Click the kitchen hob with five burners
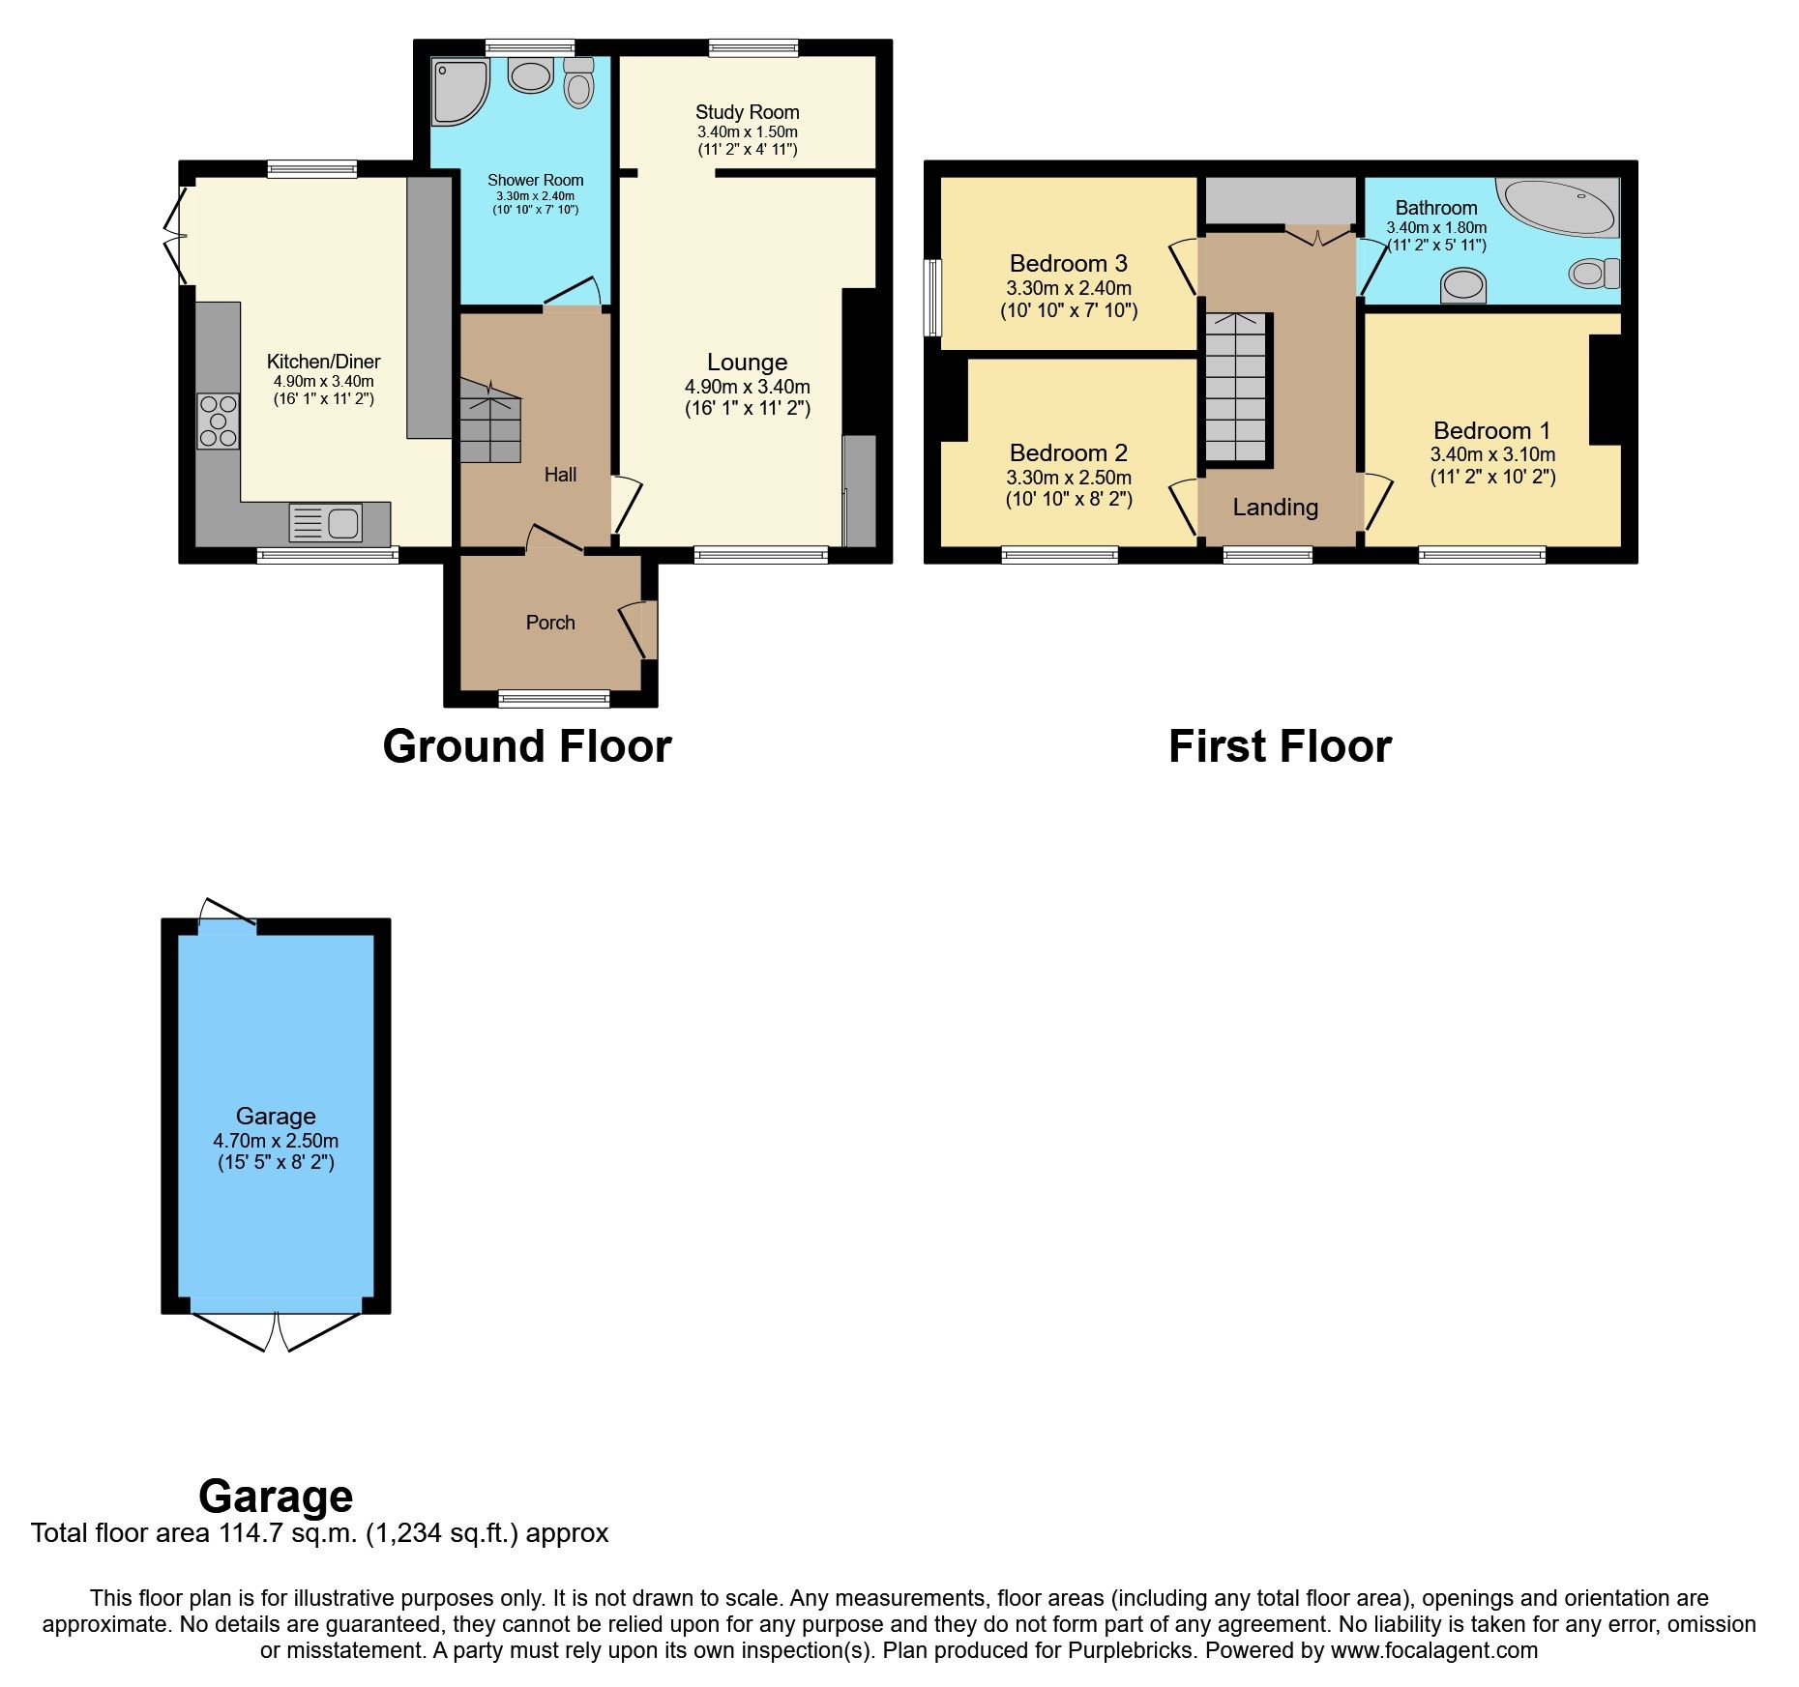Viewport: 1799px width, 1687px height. coord(218,422)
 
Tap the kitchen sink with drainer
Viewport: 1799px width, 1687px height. coord(326,523)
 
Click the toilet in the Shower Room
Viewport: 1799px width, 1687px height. coord(578,83)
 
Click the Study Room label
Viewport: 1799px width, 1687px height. coord(747,112)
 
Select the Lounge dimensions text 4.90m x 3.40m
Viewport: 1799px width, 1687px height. coord(747,387)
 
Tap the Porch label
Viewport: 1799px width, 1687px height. coord(550,623)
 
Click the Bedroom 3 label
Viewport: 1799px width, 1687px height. coord(1068,263)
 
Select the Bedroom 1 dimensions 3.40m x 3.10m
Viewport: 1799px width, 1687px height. coord(1492,454)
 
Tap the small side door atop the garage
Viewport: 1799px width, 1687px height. coord(226,915)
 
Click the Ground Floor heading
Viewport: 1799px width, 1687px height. coord(527,746)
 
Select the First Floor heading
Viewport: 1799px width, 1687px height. coord(1280,746)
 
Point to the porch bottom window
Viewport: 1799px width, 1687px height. coord(554,698)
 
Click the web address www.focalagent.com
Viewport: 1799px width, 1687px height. coord(1433,1650)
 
